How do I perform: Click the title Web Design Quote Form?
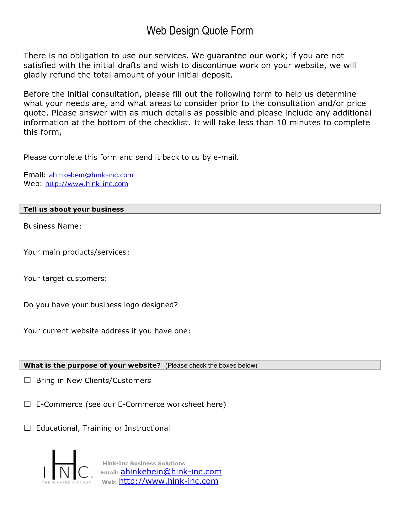(x=200, y=31)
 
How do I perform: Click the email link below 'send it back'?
(x=91, y=175)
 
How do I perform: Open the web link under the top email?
(x=87, y=184)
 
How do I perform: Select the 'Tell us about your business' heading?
(x=74, y=209)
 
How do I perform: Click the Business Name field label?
(x=52, y=226)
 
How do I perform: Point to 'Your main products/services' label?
(x=76, y=252)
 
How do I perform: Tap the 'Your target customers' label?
(x=65, y=279)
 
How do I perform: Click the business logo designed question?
(x=101, y=305)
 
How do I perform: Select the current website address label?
(x=107, y=331)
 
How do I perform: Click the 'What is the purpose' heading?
(x=92, y=365)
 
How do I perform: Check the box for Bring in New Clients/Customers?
(x=28, y=380)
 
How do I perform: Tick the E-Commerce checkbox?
(x=28, y=404)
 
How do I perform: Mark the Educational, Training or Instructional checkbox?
(x=28, y=428)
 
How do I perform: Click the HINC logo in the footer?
(x=67, y=465)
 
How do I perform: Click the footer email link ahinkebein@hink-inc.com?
(x=171, y=472)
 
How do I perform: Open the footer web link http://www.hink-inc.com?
(x=168, y=481)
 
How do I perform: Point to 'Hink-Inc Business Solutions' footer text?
(x=144, y=463)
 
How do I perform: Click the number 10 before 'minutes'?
(x=281, y=123)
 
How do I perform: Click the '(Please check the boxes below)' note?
(x=211, y=365)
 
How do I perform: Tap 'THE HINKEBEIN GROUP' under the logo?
(x=67, y=483)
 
